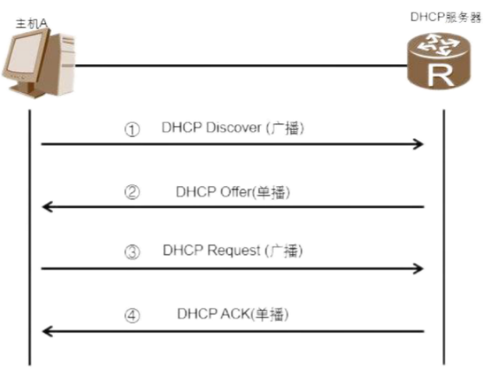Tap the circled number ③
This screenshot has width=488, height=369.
[132, 253]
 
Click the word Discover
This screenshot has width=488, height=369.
[233, 128]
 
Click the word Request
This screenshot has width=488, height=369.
[237, 251]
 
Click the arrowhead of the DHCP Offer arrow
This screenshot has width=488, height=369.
[46, 206]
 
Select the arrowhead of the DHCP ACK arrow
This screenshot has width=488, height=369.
[46, 331]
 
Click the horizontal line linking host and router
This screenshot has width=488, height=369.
[234, 66]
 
